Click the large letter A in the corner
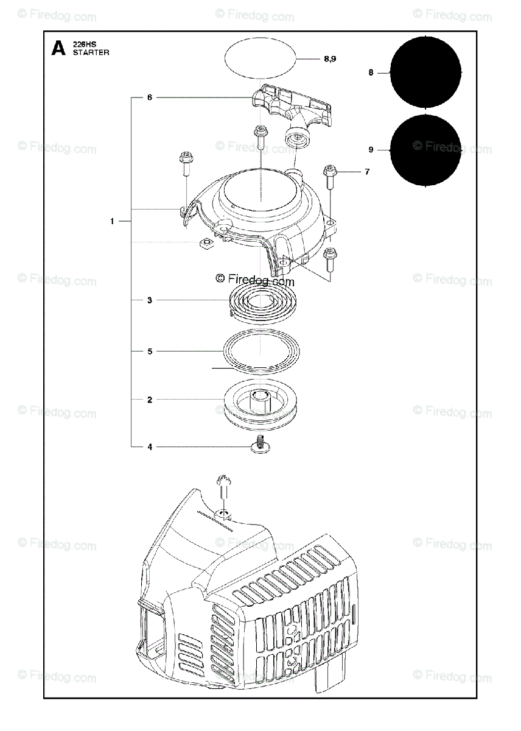[x=58, y=48]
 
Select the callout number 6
[x=149, y=97]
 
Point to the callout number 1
[x=112, y=221]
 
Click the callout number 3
[x=149, y=300]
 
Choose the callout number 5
[x=149, y=351]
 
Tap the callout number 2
[x=149, y=400]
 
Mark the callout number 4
[x=149, y=447]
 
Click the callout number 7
[x=367, y=172]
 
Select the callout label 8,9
[x=330, y=59]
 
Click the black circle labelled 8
[x=425, y=72]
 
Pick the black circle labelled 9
[x=425, y=149]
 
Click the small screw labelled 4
[x=259, y=446]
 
